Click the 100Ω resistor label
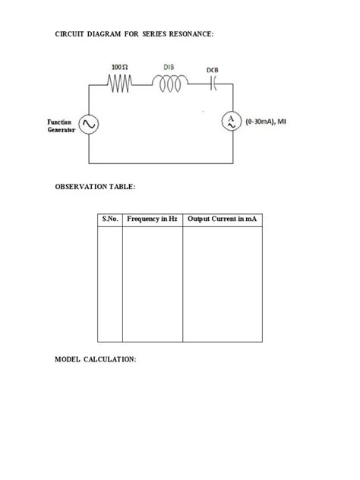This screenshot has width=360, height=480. tap(121, 68)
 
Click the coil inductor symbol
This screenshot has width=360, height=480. tap(170, 84)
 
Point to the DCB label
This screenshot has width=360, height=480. tap(212, 71)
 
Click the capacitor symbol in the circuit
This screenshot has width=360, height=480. tap(213, 86)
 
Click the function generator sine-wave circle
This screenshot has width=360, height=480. tap(89, 124)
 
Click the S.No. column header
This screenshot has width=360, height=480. tap(110, 219)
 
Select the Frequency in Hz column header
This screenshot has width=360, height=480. tap(152, 219)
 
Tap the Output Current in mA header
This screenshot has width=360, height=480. tap(222, 219)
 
